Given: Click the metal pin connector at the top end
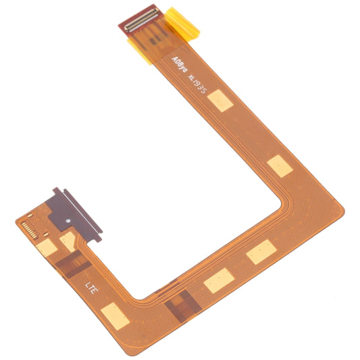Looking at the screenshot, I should [x=140, y=18].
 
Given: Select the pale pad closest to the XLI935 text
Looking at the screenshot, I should [x=221, y=101].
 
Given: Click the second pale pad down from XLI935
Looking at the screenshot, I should [x=279, y=165].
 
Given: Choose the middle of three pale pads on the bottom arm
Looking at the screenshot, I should [x=217, y=280].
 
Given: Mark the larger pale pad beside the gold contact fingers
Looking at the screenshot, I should [x=47, y=248].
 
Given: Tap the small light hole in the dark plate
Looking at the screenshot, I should [x=67, y=221].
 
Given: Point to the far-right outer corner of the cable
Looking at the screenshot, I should [x=344, y=211].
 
